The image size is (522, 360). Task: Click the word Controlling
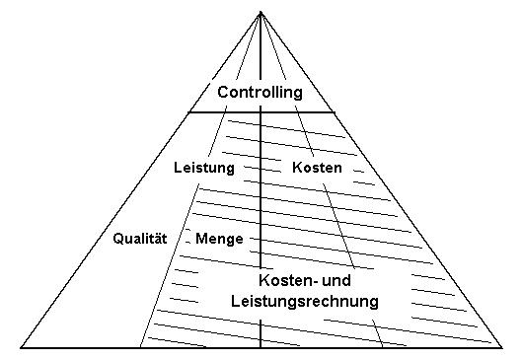[x=260, y=93]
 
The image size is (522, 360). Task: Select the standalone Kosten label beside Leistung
[x=318, y=168]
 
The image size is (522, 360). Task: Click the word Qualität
[x=140, y=239]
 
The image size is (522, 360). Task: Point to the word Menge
[x=219, y=239]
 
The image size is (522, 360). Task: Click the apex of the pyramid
[x=261, y=11]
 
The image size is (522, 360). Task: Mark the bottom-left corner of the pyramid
[x=22, y=347]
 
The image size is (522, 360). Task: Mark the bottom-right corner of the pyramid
[x=503, y=347]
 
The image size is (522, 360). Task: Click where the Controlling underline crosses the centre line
[x=261, y=111]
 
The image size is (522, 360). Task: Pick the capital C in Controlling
[x=223, y=93]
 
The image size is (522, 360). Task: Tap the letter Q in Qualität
[x=118, y=239]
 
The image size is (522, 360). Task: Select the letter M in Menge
[x=201, y=239]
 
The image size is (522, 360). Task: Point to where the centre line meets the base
[x=261, y=347]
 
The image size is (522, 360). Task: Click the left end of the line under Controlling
[x=188, y=111]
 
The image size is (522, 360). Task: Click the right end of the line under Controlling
[x=333, y=111]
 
